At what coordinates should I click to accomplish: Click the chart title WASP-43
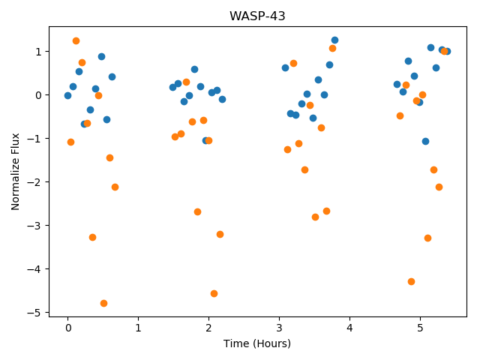[257, 16]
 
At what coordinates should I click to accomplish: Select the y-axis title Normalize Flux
[15, 172]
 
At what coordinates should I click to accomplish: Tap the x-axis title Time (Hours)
[257, 343]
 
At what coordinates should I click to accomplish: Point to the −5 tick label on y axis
[34, 313]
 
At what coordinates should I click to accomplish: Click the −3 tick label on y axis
[34, 226]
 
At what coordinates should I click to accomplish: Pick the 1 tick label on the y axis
[38, 52]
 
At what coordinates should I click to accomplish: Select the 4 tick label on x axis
[349, 328]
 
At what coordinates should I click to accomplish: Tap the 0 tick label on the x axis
[68, 328]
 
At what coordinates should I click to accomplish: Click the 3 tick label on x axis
[279, 328]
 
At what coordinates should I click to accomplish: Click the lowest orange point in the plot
[103, 303]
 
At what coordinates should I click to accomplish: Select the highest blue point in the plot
[335, 40]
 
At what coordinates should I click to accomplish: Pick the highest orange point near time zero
[76, 41]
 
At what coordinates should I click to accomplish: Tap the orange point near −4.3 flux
[412, 282]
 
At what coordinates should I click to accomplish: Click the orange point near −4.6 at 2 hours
[214, 293]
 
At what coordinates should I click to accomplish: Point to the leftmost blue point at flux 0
[68, 96]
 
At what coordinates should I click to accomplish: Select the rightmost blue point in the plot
[447, 52]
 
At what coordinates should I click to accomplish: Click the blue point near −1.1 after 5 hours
[425, 142]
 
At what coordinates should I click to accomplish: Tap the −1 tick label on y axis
[34, 139]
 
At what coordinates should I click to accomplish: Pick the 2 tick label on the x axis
[208, 328]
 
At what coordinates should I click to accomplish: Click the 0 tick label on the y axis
[38, 95]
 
